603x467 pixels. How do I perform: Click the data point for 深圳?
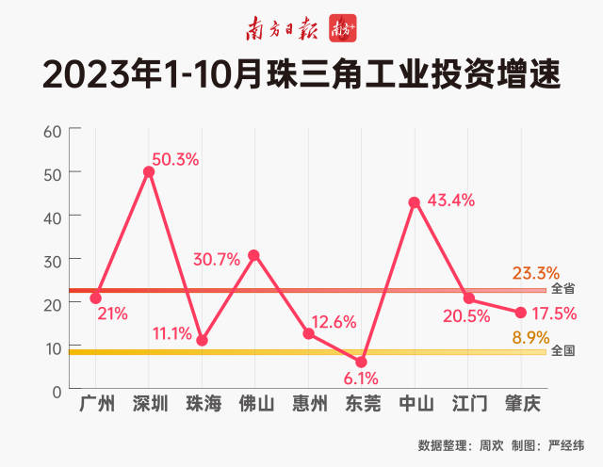[x=149, y=171]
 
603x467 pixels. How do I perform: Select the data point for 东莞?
[x=361, y=362]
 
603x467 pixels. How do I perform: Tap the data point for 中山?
[x=414, y=201]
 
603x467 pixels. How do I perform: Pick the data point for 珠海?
[x=202, y=340]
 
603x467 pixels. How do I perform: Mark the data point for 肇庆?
[x=520, y=312]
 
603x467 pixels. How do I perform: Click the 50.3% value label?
[x=175, y=159]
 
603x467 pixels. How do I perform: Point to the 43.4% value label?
[x=450, y=201]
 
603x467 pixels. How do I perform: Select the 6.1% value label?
[x=361, y=379]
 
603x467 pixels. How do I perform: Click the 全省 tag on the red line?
[x=563, y=288]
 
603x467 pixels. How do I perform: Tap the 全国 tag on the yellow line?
[x=563, y=350]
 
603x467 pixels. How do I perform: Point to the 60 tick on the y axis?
[x=53, y=130]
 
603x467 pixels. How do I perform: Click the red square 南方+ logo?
[x=341, y=29]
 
